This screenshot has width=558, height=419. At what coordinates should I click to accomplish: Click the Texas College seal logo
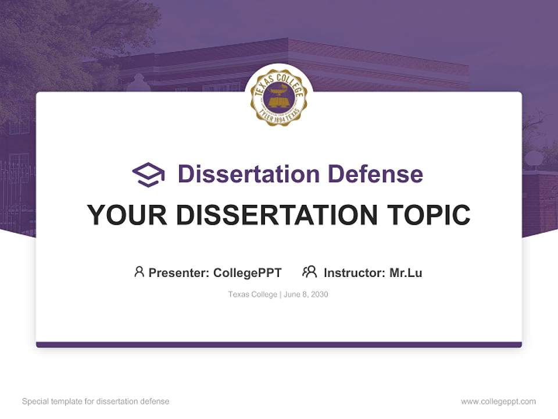[279, 97]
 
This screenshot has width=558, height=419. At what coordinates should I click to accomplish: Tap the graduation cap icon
[148, 175]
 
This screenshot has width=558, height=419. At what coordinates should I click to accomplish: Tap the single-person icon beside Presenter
[139, 272]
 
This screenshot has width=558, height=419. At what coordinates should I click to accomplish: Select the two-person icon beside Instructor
[309, 272]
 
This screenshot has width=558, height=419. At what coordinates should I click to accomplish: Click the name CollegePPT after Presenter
[248, 272]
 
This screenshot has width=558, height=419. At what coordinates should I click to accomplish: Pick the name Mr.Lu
[406, 272]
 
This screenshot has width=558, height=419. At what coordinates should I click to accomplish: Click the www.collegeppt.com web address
[498, 402]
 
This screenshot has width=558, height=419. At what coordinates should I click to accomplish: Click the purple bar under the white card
[279, 345]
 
